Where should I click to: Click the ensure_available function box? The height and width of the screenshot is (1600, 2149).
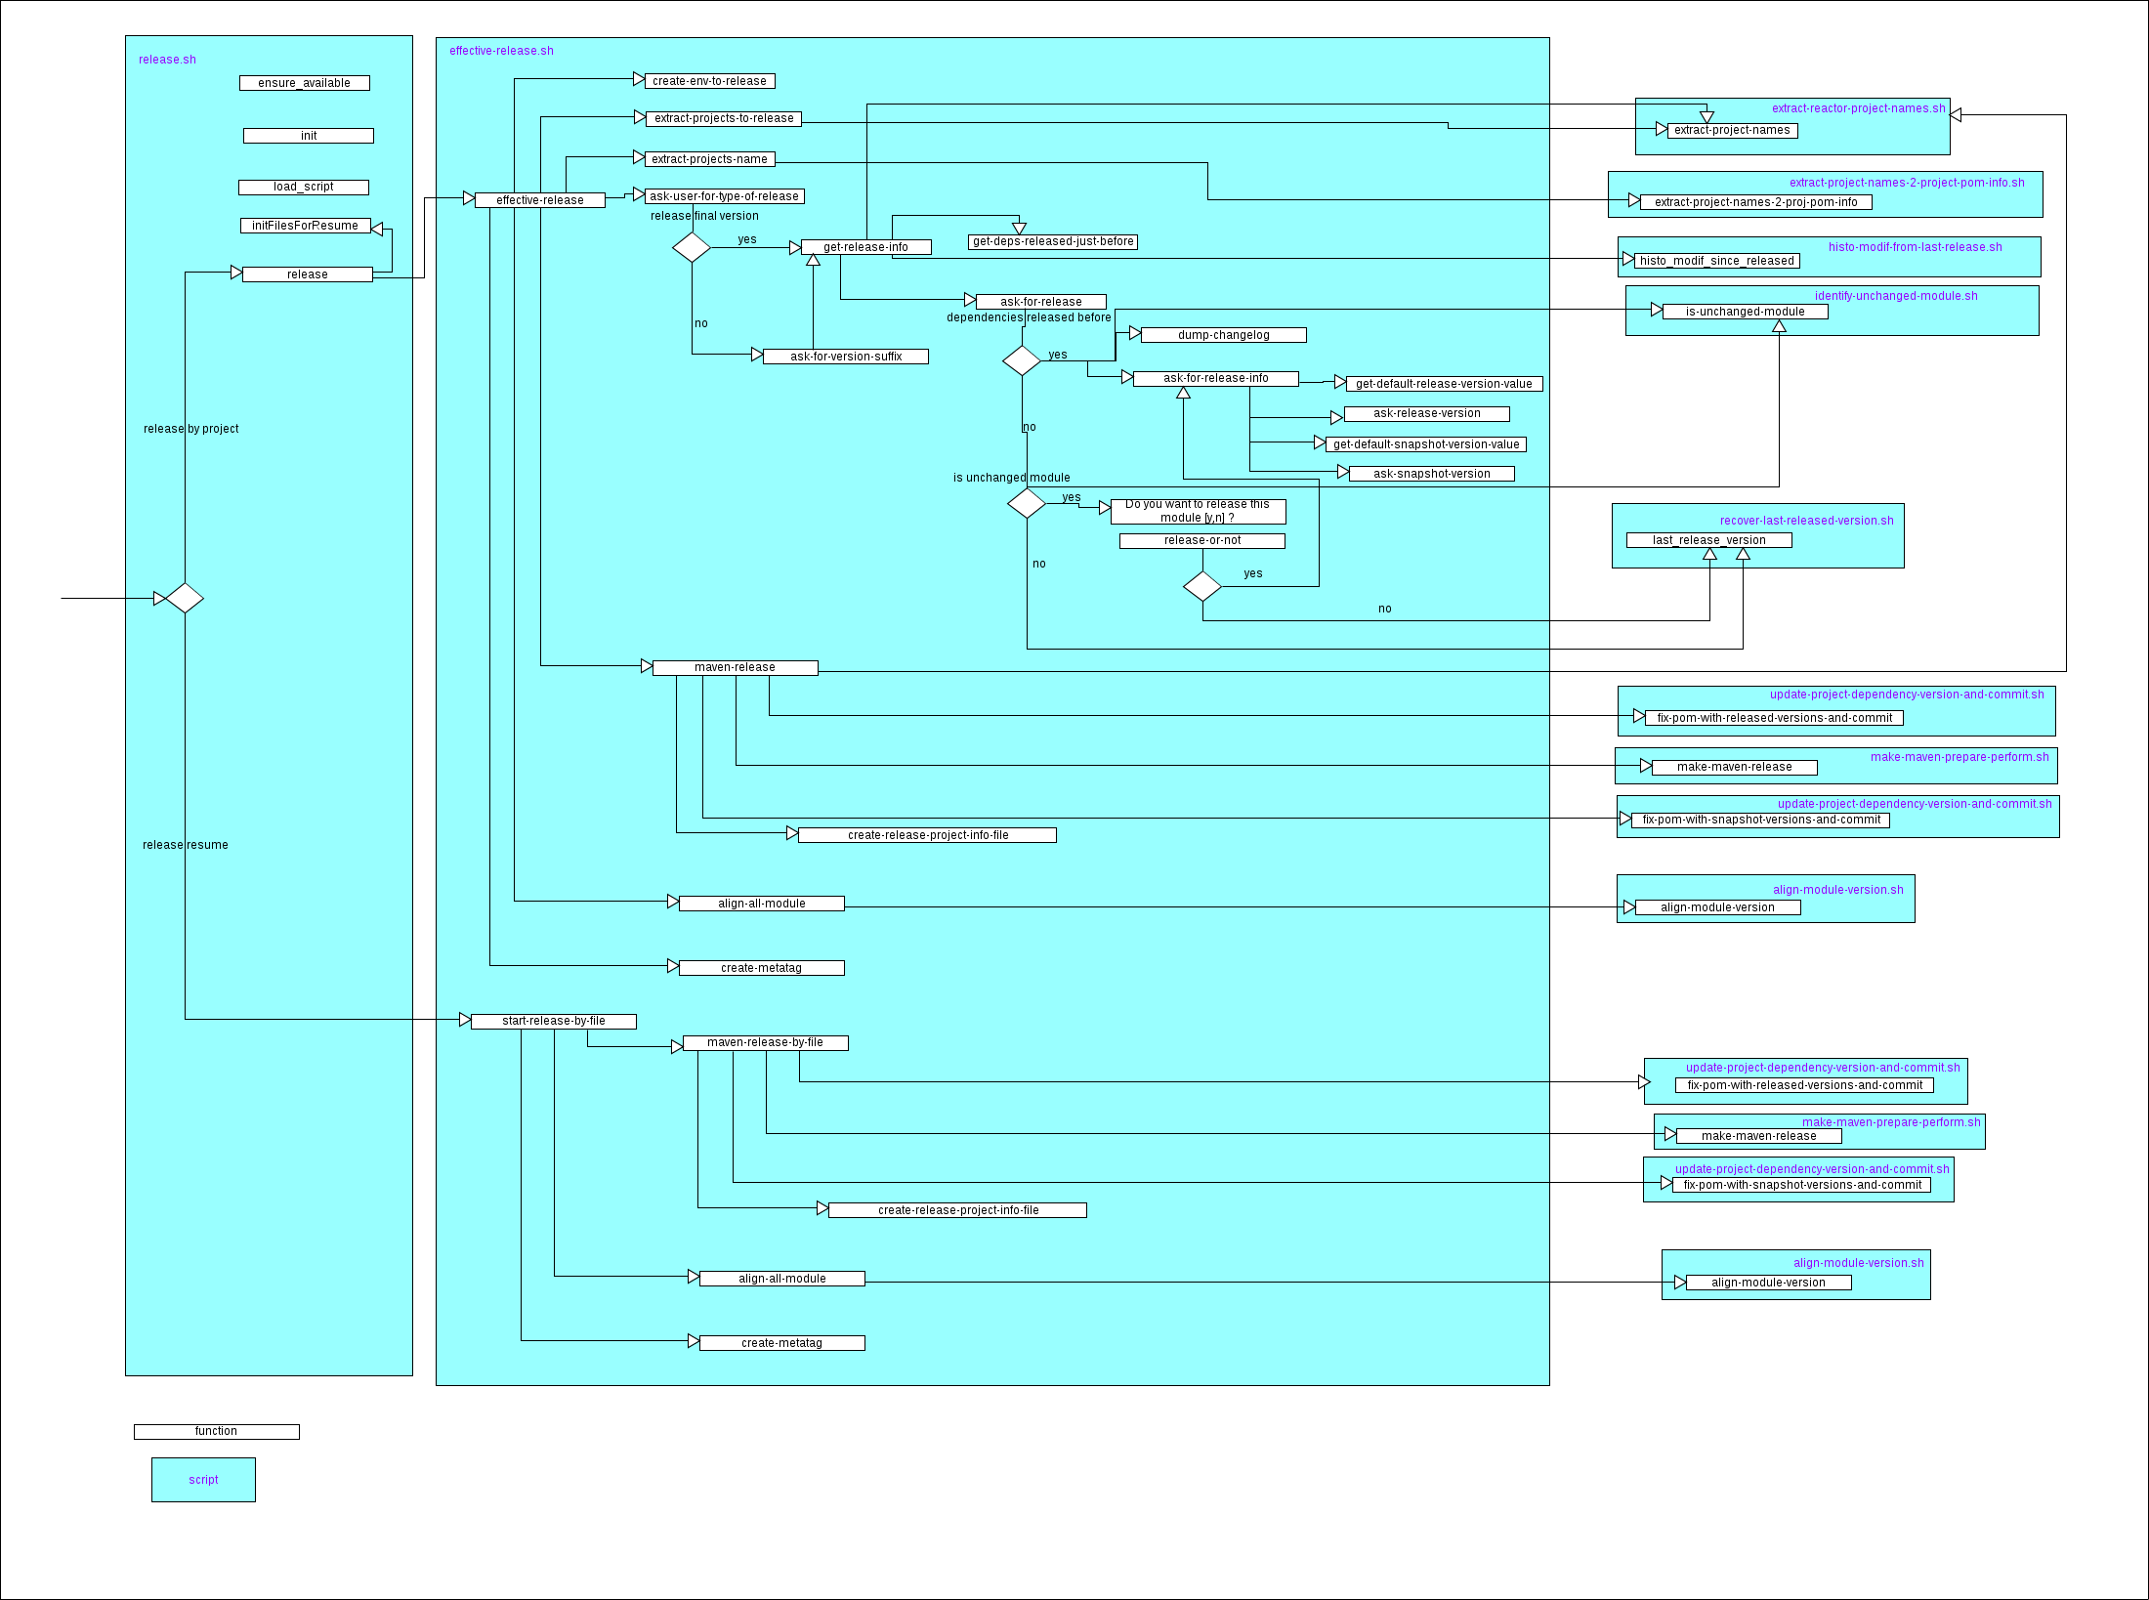coord(304,83)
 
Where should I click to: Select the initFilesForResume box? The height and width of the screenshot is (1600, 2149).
coord(305,226)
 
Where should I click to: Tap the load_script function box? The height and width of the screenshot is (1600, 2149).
coord(303,187)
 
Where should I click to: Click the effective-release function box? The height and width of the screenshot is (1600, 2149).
coord(539,200)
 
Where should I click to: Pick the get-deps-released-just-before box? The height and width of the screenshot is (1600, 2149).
coord(1052,241)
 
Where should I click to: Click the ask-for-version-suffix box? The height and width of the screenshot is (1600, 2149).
coord(845,357)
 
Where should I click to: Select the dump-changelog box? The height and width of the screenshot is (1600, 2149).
coord(1223,335)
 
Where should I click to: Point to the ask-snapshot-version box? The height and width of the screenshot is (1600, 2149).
coord(1431,474)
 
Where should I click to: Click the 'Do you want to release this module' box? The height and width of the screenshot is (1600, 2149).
coord(1198,512)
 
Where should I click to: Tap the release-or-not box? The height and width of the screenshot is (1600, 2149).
coord(1201,540)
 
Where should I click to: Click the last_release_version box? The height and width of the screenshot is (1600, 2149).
coord(1708,540)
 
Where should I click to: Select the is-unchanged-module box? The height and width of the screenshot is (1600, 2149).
coord(1745,312)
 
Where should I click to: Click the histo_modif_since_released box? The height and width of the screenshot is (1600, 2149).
coord(1716,261)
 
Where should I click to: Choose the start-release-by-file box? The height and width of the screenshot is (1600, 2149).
coord(553,1021)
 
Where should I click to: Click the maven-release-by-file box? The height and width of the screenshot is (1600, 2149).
coord(765,1042)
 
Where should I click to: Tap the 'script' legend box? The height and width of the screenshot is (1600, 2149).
coord(203,1479)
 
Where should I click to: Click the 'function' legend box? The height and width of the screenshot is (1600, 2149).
coord(216,1431)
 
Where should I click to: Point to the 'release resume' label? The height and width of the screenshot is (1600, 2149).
coord(185,845)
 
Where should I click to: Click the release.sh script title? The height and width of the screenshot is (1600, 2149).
coord(167,60)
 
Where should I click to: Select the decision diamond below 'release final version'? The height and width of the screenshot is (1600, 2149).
coord(692,247)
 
